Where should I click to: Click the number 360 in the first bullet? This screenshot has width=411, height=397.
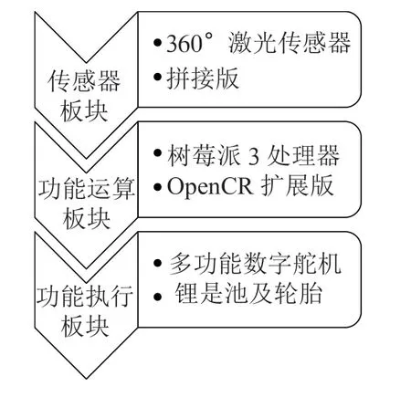point(184,43)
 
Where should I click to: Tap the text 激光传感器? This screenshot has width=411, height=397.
point(290,43)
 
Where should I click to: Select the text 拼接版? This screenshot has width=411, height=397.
point(203,78)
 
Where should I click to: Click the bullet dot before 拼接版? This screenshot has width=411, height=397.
point(157,78)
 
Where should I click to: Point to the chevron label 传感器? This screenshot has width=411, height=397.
point(84,81)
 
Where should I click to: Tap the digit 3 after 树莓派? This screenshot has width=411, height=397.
point(254,156)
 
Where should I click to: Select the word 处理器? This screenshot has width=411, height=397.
point(303,155)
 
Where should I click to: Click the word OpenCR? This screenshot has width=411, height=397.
point(209,186)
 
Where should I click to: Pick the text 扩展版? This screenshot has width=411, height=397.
point(297,185)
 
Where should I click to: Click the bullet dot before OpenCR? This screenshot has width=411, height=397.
point(157,187)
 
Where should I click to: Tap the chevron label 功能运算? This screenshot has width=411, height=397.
point(86,189)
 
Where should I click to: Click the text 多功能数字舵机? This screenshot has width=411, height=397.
point(255,264)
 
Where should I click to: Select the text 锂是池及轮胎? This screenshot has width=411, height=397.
point(248,294)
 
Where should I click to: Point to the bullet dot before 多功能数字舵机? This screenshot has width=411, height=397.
point(157,264)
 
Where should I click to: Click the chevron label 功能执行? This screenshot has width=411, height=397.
point(85,297)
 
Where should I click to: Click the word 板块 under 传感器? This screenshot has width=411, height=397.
point(84,111)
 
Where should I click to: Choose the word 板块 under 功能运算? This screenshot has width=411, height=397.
point(86,219)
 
